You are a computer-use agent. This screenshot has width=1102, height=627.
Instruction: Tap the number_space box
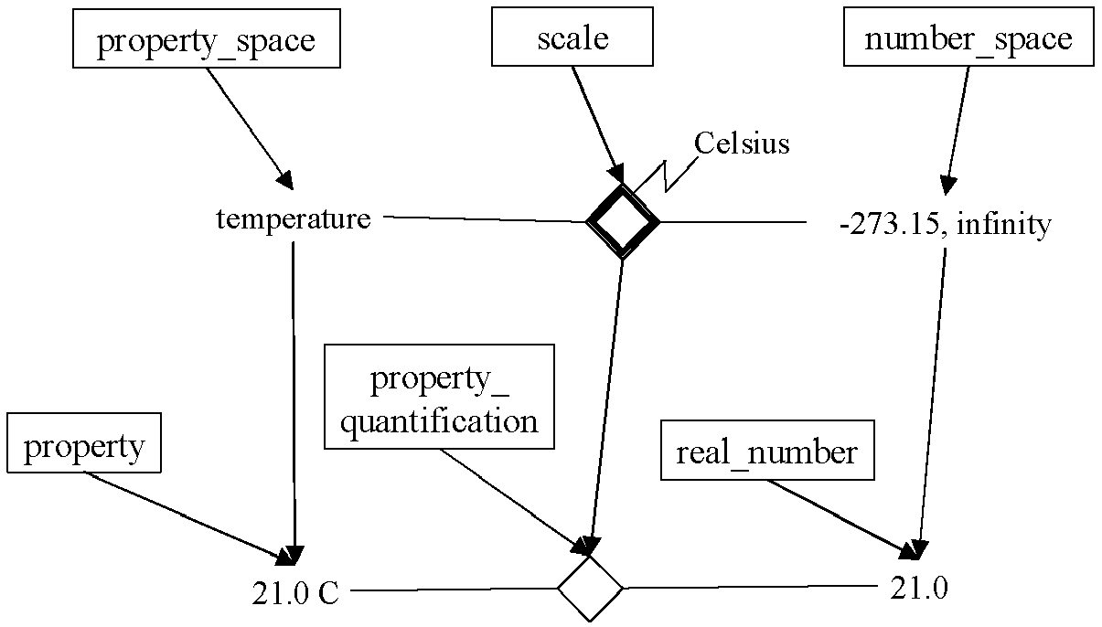pos(968,40)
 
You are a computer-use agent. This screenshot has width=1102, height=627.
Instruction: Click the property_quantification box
pos(439,398)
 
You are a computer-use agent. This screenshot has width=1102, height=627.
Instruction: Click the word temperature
pos(294,219)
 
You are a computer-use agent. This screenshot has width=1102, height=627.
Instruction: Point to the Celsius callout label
pos(742,143)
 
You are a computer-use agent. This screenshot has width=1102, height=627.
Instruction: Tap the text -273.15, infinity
pos(945,224)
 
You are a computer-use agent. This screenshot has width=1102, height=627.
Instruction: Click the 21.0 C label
pos(295,593)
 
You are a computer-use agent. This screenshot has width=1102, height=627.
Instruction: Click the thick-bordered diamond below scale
pos(622,221)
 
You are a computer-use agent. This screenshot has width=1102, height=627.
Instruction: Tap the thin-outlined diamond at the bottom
pos(590,588)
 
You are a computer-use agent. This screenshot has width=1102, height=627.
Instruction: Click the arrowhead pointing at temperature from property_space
pos(285,179)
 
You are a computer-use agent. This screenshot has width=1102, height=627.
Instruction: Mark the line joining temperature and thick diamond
pos(485,219)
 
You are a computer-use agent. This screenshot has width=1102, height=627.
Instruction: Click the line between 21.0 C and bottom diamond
pos(453,590)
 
